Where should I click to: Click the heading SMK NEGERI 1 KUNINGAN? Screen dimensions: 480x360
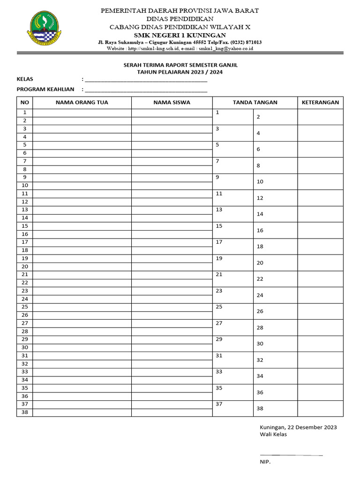180,35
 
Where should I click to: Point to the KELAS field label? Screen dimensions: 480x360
25,79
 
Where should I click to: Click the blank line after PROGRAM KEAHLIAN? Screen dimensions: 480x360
146,90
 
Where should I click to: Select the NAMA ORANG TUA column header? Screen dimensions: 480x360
82,102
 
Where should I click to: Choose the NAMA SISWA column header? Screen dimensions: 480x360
172,102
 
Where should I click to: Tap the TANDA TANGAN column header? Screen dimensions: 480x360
255,102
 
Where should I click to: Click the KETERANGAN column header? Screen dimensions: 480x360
320,102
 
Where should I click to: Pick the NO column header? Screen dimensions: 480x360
25,102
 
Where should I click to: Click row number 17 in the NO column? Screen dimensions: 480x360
25,242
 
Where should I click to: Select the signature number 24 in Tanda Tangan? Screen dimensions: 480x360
260,295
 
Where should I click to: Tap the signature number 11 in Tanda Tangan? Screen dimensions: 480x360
219,193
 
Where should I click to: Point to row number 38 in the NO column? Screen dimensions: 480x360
25,412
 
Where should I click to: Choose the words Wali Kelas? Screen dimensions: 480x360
273,434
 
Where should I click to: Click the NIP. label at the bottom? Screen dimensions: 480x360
265,462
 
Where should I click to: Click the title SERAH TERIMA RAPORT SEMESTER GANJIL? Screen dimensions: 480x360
180,65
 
